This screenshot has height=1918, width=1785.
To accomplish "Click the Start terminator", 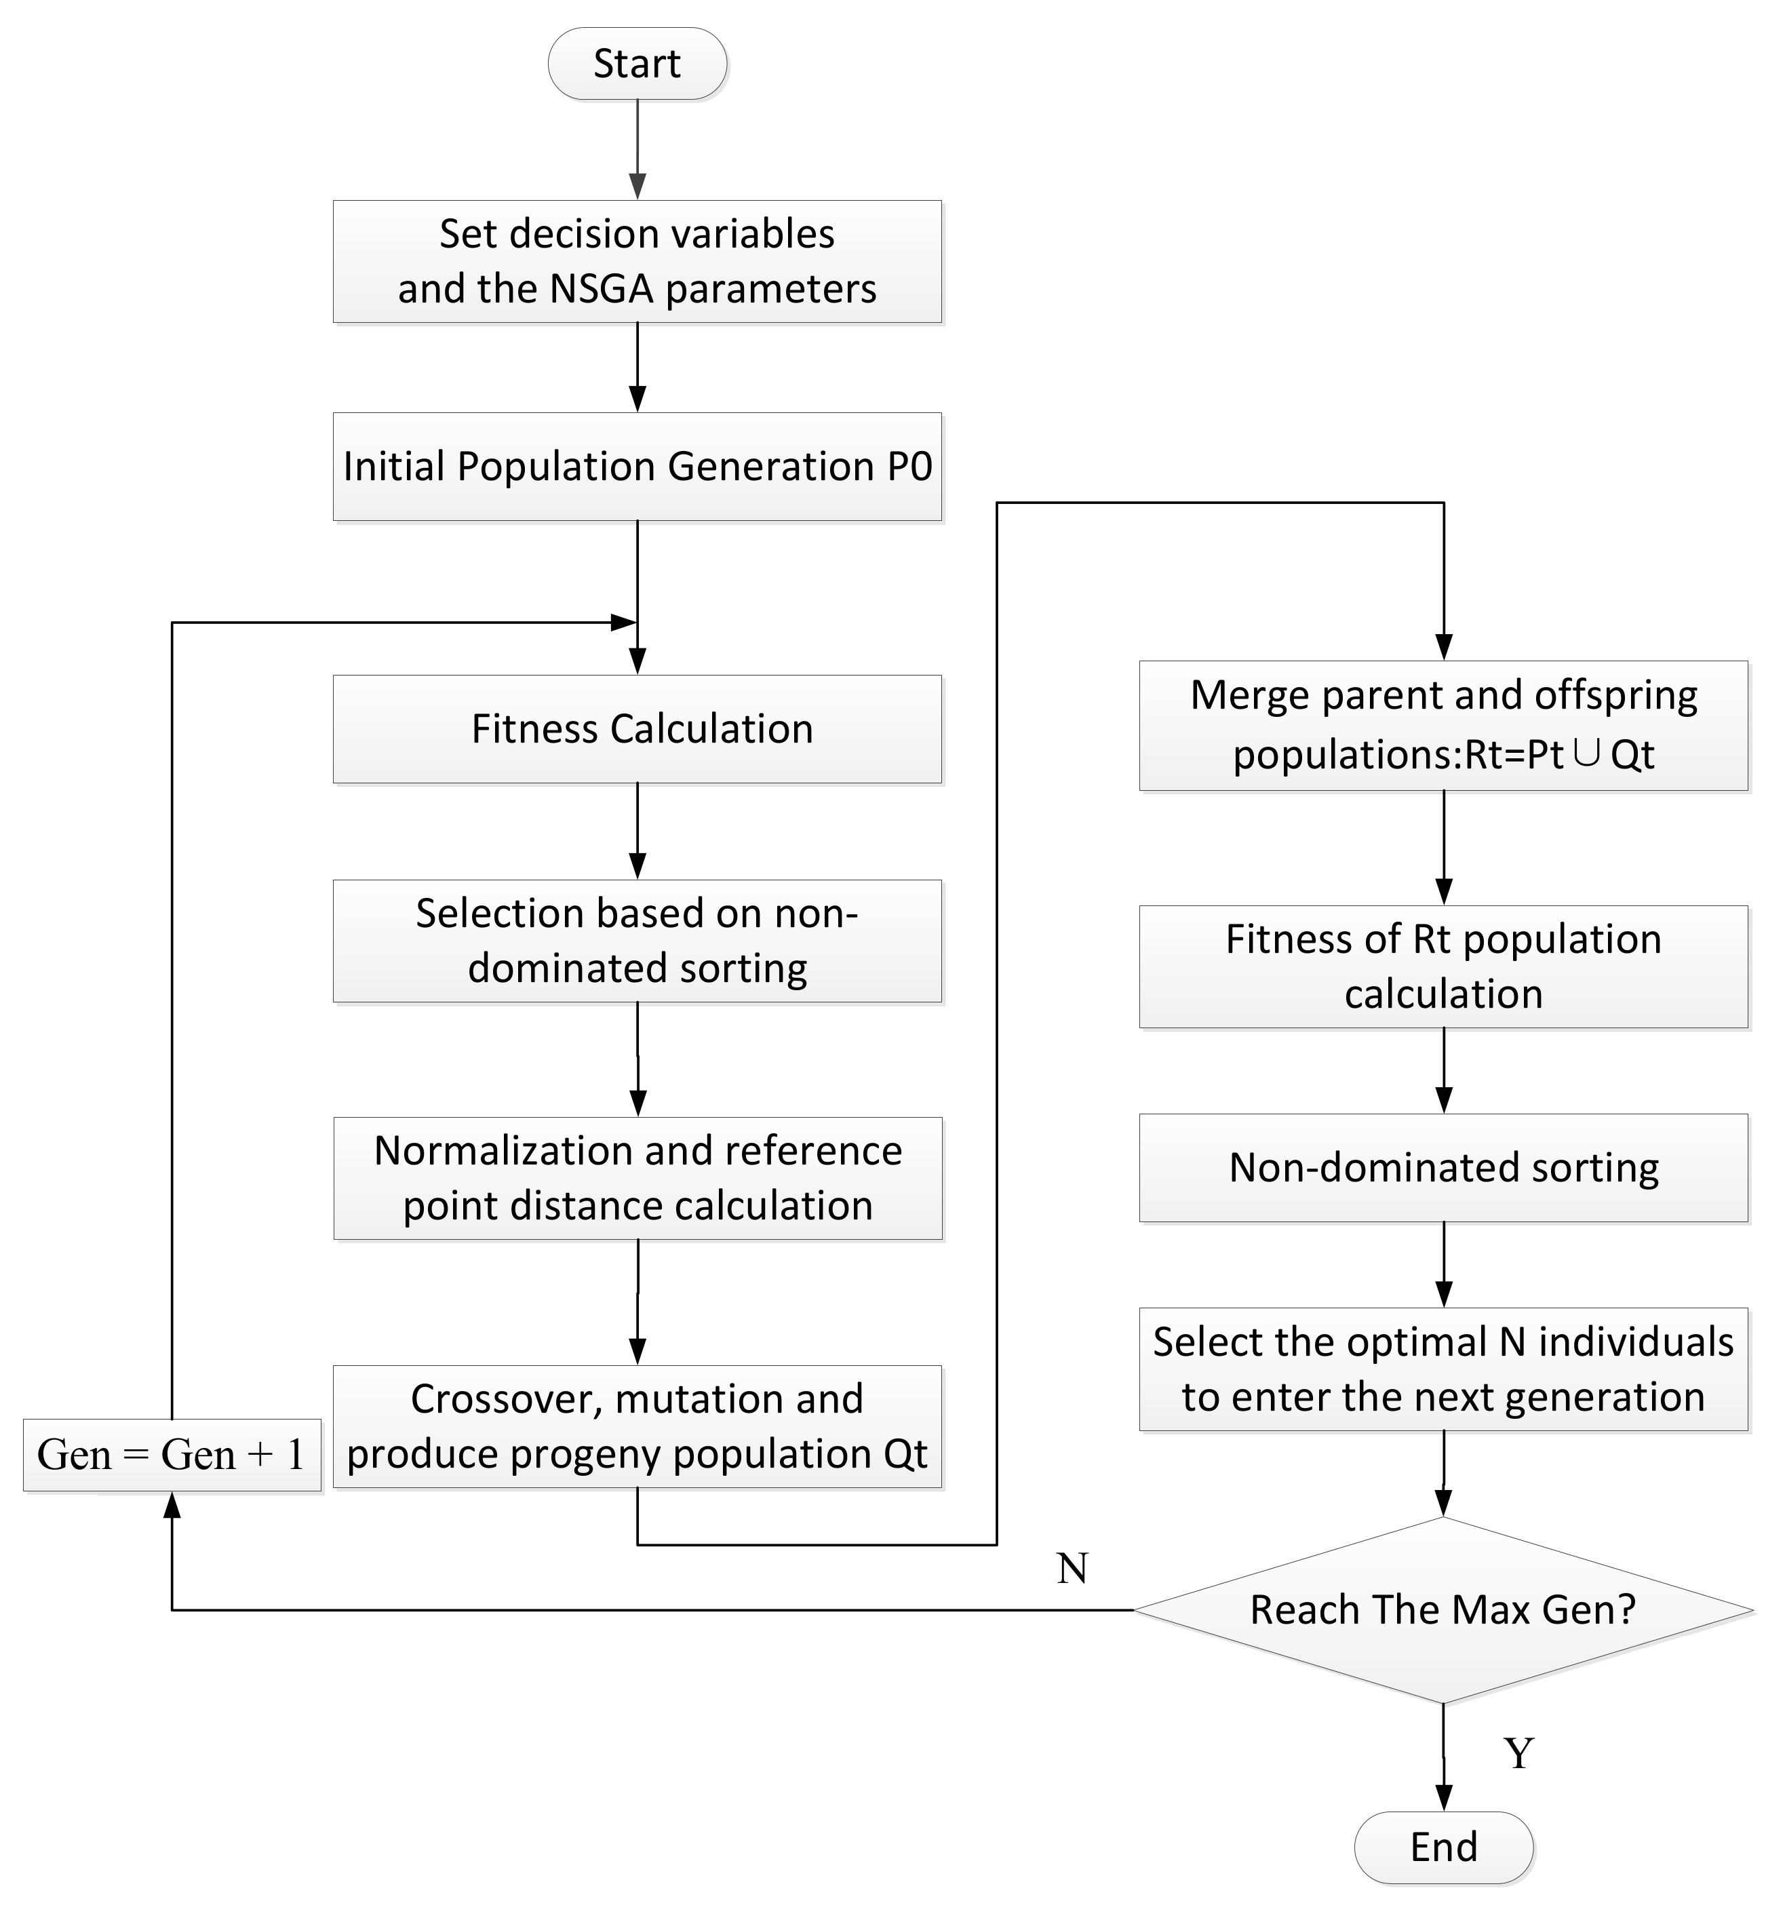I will [x=637, y=64].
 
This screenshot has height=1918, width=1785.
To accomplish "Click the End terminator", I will [x=1443, y=1847].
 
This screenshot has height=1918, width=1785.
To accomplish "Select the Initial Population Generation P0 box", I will [x=637, y=467].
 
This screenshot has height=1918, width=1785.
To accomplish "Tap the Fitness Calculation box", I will [x=637, y=728].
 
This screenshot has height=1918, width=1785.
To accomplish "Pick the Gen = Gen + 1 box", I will [x=172, y=1455].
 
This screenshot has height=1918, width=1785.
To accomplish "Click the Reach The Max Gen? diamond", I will [x=1443, y=1609].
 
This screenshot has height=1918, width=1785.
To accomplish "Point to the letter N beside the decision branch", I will [x=1072, y=1569].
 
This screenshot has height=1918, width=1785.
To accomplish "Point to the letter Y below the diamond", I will [x=1518, y=1753].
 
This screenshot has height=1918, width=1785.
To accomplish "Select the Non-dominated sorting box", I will [x=1443, y=1167].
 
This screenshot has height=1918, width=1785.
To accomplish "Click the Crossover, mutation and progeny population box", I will [x=637, y=1426].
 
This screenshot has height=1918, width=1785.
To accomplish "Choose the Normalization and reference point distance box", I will [x=637, y=1178].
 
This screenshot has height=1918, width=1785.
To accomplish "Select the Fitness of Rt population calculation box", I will [x=1443, y=966].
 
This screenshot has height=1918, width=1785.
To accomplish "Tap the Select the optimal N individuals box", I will [x=1443, y=1369].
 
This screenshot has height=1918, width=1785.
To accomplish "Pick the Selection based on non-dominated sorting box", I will [x=637, y=941].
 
